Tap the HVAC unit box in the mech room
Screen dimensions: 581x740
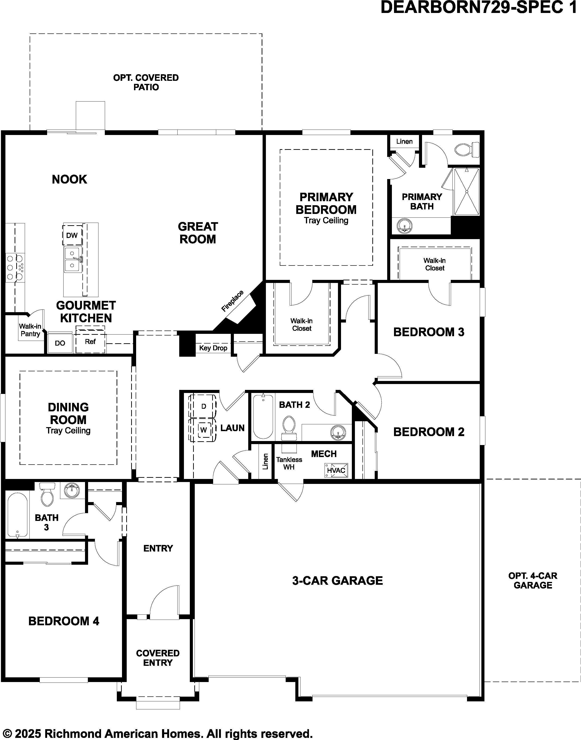point(336,470)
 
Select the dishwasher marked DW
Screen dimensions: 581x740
point(72,235)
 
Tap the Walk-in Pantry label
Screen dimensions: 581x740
point(30,330)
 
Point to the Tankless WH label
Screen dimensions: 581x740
point(289,463)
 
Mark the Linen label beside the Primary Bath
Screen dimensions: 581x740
point(404,141)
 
